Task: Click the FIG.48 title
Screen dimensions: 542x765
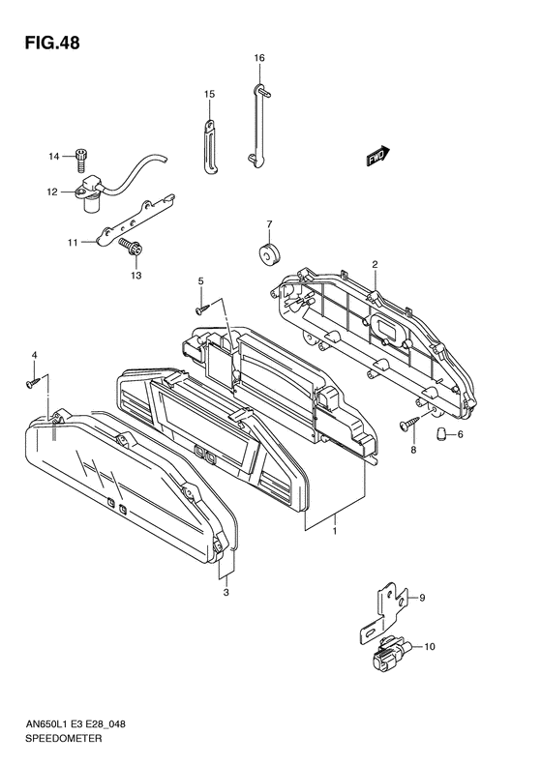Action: (x=52, y=43)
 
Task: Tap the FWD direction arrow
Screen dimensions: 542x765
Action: (x=377, y=156)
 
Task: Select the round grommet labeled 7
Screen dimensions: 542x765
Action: (x=268, y=254)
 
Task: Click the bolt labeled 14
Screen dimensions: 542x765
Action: (x=81, y=160)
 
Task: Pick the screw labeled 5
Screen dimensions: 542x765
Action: (x=202, y=309)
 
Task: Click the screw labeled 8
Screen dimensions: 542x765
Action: (x=409, y=423)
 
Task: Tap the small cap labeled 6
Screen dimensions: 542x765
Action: (x=441, y=432)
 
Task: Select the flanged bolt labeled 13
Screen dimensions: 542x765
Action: (x=130, y=248)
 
